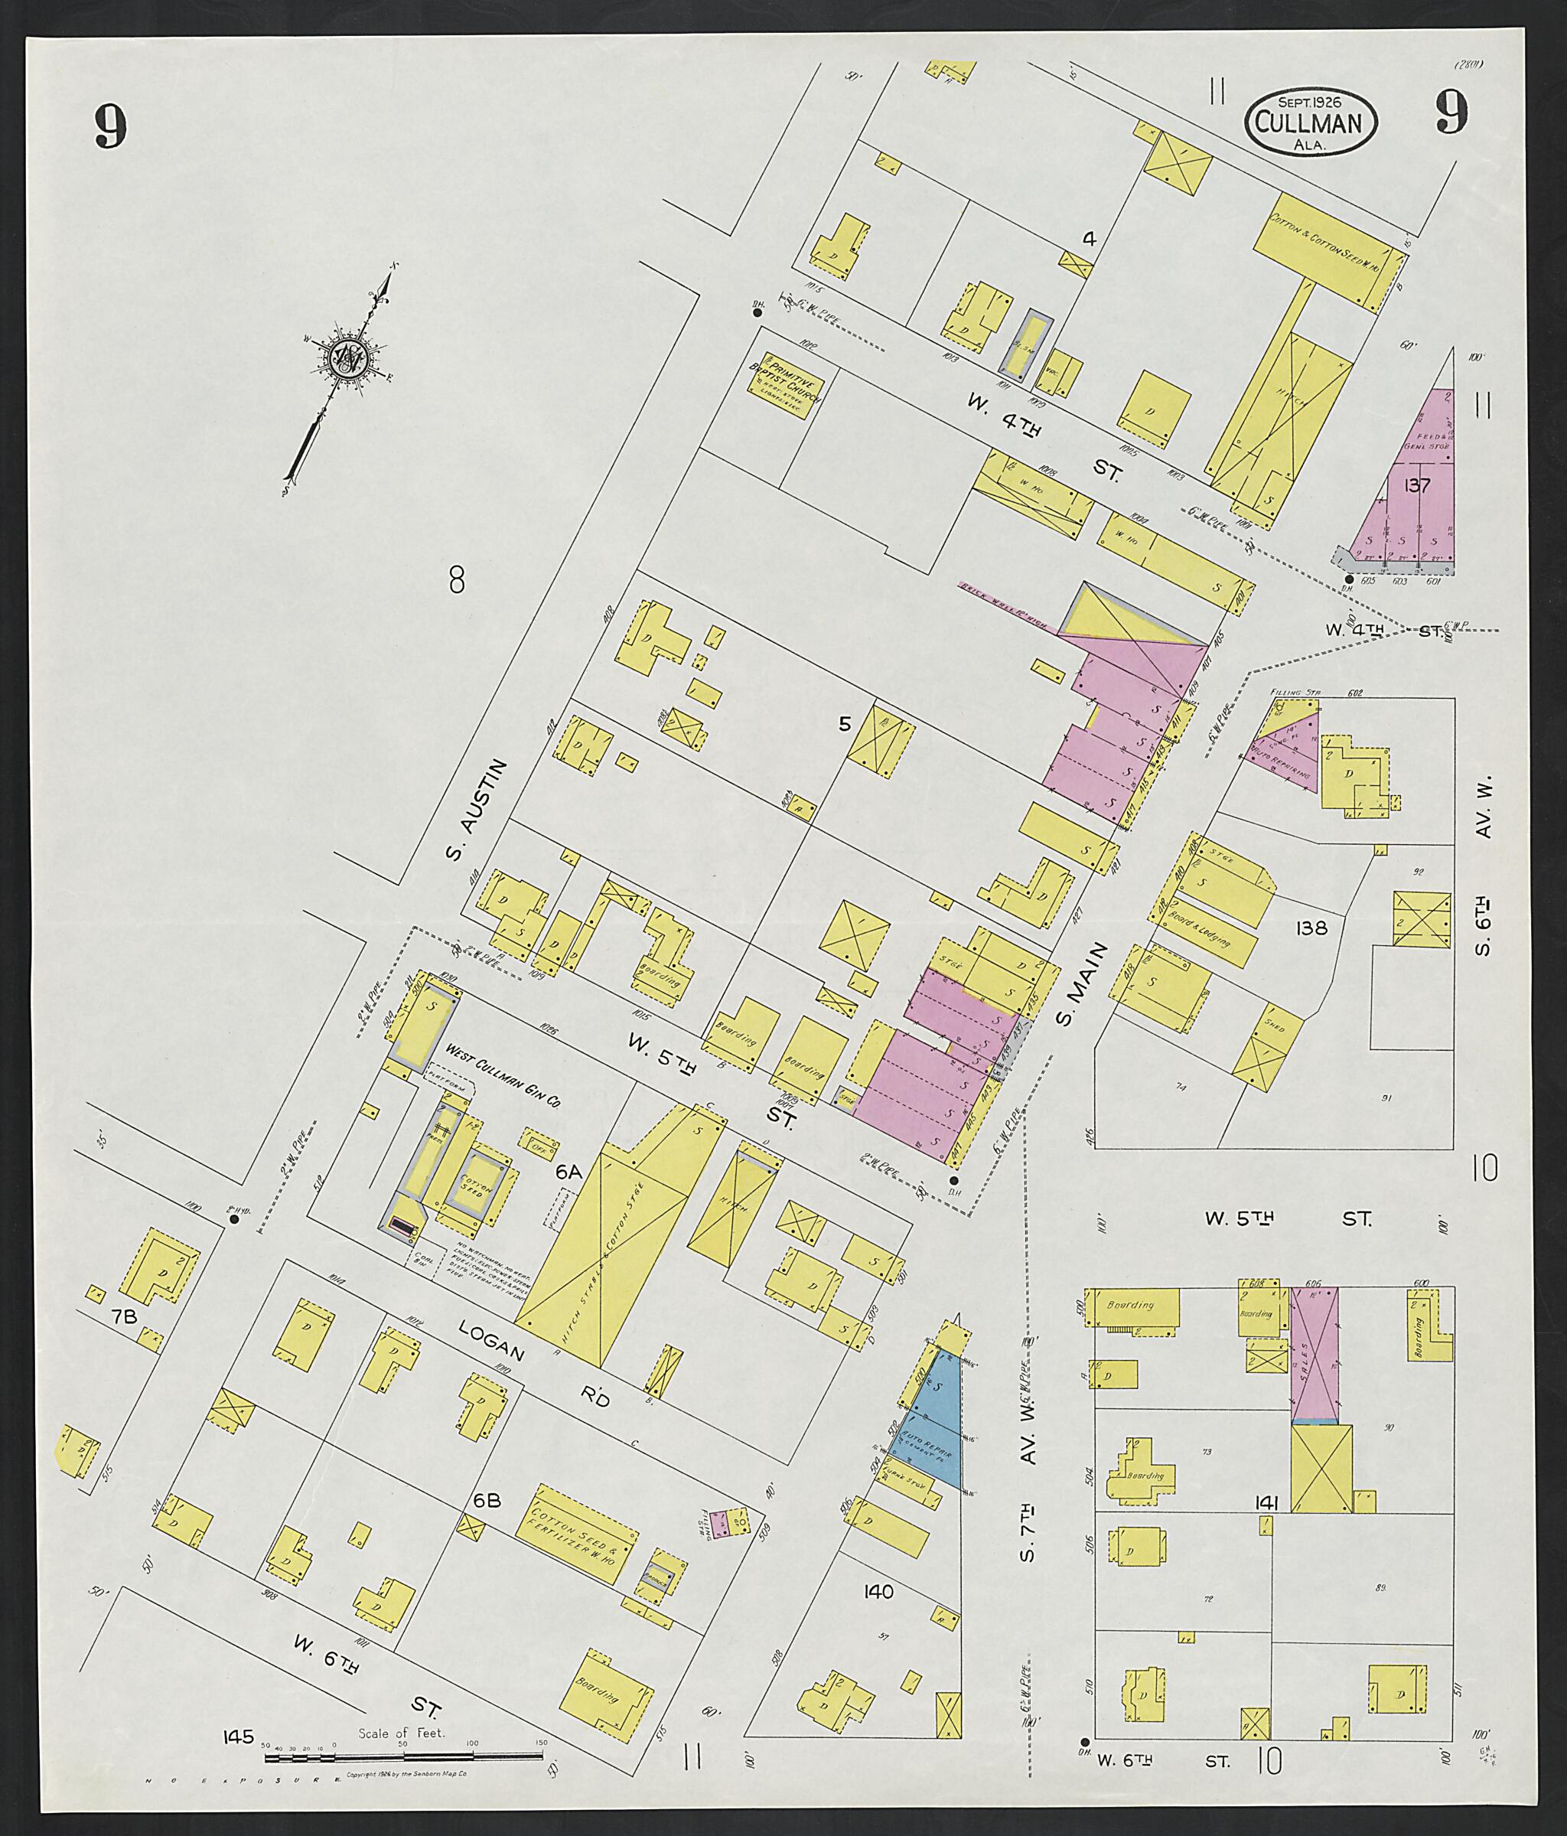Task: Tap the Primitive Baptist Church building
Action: [x=785, y=386]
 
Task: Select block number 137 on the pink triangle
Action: [x=1417, y=484]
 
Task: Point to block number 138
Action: [x=1309, y=928]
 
